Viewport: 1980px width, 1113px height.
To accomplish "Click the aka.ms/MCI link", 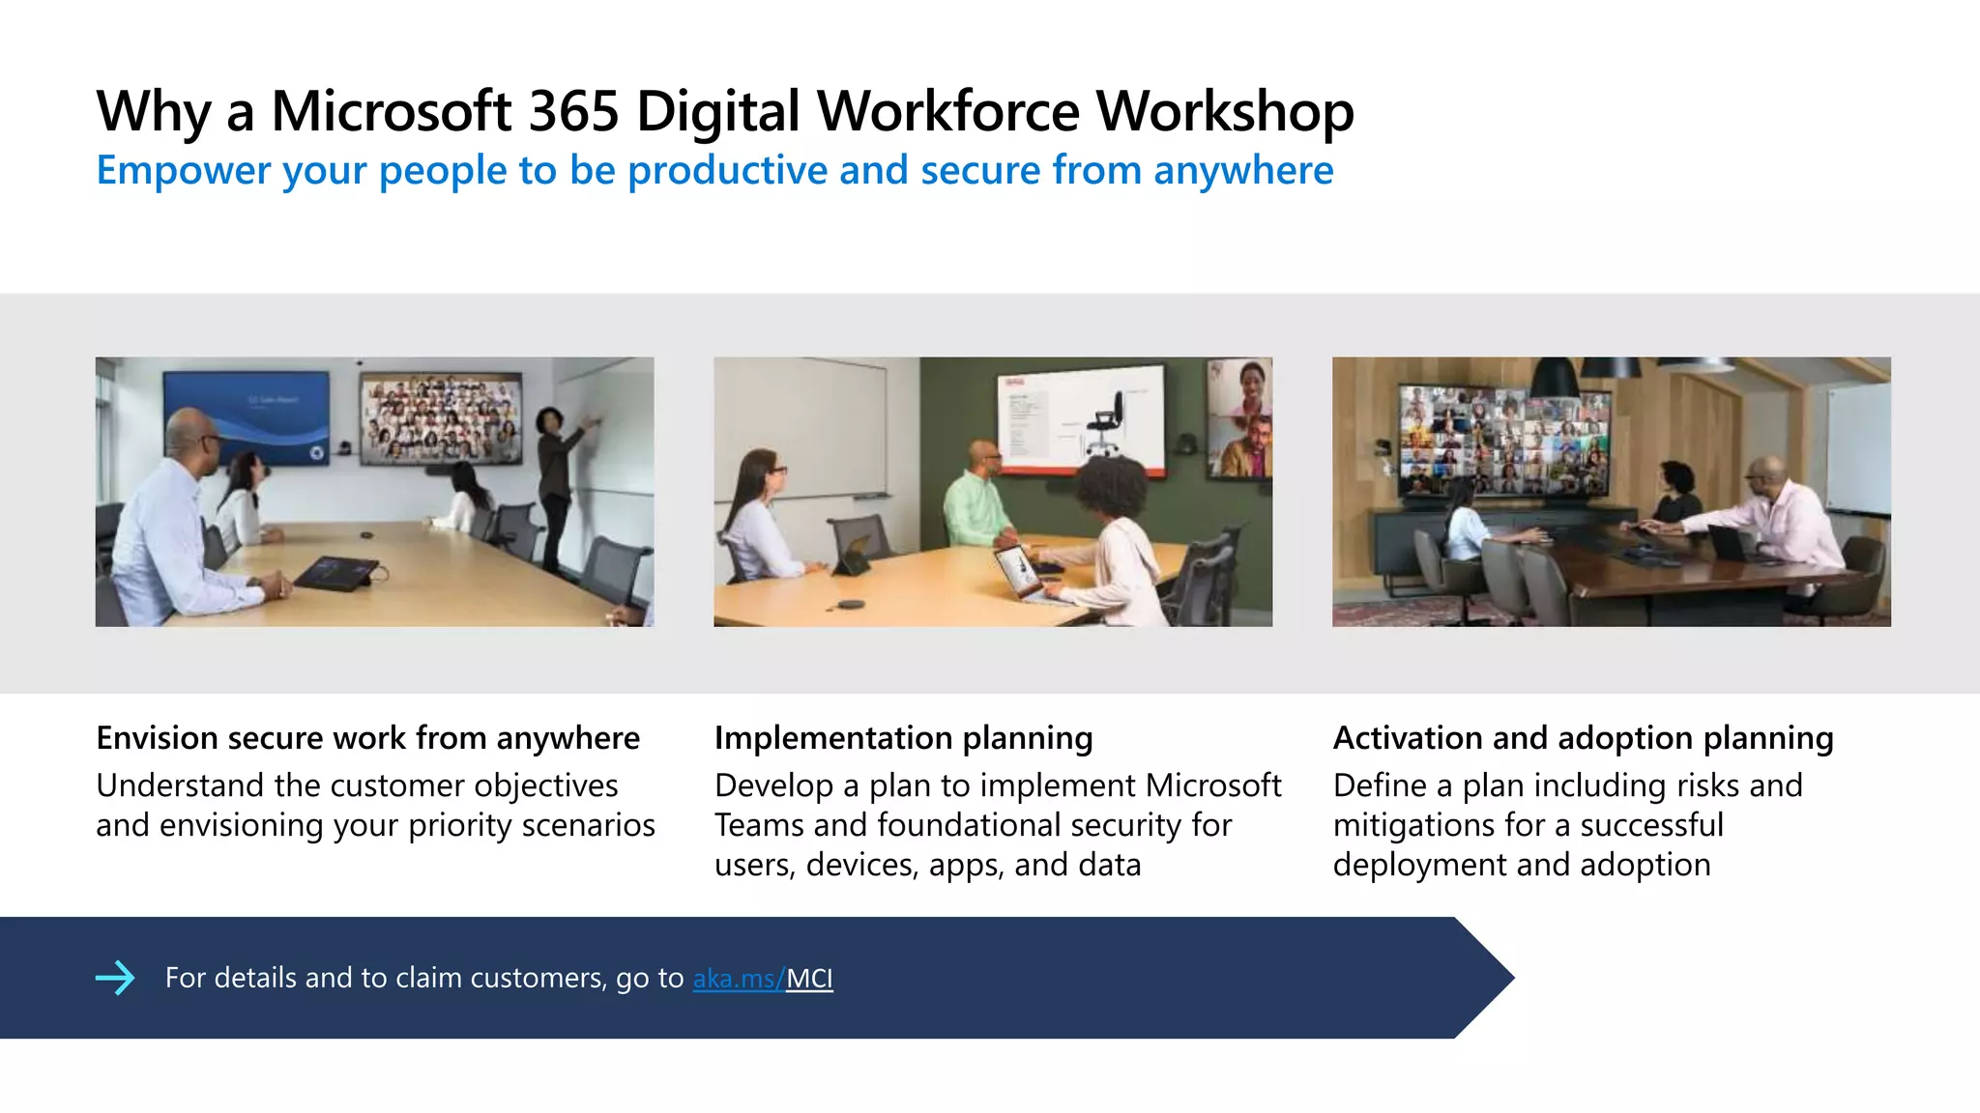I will (x=762, y=979).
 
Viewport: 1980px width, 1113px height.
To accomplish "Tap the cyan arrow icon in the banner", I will (x=116, y=978).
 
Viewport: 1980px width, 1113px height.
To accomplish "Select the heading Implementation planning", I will (x=903, y=738).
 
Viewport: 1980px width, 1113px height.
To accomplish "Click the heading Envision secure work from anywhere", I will (x=367, y=738).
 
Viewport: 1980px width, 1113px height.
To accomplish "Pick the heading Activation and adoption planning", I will (x=1583, y=738).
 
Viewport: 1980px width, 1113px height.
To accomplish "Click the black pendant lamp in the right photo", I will (x=1555, y=379).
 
